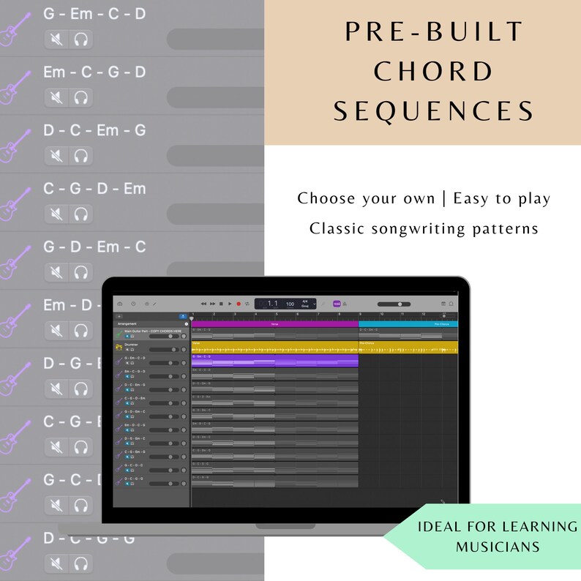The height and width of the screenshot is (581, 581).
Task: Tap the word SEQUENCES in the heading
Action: point(434,111)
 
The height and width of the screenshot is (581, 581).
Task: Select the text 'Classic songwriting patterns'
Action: point(424,228)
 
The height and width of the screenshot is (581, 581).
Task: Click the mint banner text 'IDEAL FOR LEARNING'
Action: point(498,527)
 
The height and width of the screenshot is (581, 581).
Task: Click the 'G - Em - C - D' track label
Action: point(94,14)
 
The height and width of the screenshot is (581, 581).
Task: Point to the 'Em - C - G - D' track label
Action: point(94,72)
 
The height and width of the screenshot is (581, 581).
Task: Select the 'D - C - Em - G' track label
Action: point(94,130)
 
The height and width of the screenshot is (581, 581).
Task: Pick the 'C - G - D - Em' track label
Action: point(94,189)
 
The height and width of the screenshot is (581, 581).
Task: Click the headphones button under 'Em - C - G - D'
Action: point(81,96)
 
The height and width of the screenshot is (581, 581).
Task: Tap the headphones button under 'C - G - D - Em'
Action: point(81,213)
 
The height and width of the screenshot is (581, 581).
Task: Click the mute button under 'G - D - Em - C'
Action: point(56,271)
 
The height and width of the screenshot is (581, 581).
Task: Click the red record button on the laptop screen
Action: point(238,303)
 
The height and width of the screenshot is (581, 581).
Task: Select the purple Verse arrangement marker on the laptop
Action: point(274,323)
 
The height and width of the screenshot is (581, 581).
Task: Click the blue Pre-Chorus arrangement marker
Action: point(408,323)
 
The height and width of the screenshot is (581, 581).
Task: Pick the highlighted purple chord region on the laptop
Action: point(274,361)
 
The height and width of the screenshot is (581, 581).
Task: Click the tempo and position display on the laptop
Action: point(285,303)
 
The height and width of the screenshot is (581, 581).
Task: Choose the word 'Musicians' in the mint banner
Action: point(498,547)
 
